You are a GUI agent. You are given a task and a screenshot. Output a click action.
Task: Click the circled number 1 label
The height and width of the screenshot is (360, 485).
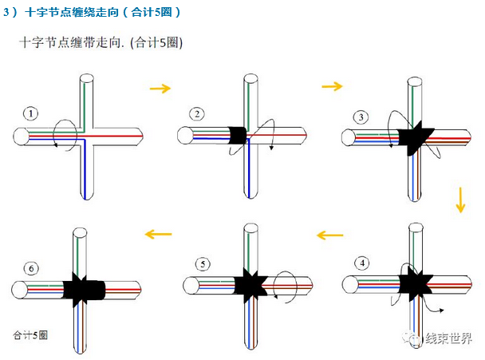[30, 113]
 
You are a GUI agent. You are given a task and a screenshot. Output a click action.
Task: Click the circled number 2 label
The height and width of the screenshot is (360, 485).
[196, 113]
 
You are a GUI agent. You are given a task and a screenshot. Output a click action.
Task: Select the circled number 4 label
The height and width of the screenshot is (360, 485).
[363, 263]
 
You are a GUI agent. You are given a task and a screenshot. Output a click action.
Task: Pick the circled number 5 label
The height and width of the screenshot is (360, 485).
[203, 263]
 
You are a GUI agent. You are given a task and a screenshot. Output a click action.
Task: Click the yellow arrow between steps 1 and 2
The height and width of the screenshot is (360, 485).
[160, 88]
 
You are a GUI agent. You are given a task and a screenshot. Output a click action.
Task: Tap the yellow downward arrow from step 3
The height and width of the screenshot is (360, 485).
[460, 199]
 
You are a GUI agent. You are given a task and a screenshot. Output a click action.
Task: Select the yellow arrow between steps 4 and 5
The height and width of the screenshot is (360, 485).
[329, 235]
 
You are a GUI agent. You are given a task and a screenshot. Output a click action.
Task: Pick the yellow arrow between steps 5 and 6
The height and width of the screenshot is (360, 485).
[158, 234]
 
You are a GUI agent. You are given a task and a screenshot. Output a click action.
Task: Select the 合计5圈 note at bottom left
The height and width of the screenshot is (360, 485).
[30, 334]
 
